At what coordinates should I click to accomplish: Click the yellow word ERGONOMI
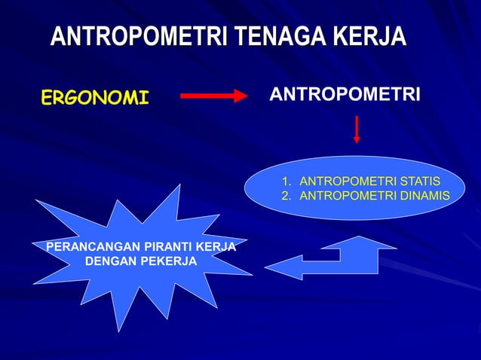[x=95, y=97]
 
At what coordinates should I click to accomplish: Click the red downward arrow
[x=357, y=130]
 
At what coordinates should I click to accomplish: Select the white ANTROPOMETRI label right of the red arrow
[x=345, y=95]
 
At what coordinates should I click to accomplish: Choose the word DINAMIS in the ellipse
[x=424, y=195]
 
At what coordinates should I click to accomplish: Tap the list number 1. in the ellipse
[x=286, y=182]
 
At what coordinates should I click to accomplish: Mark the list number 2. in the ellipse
[x=286, y=195]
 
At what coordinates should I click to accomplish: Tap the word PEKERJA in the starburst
[x=171, y=261]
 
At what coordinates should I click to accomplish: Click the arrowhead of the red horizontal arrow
[x=240, y=96]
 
